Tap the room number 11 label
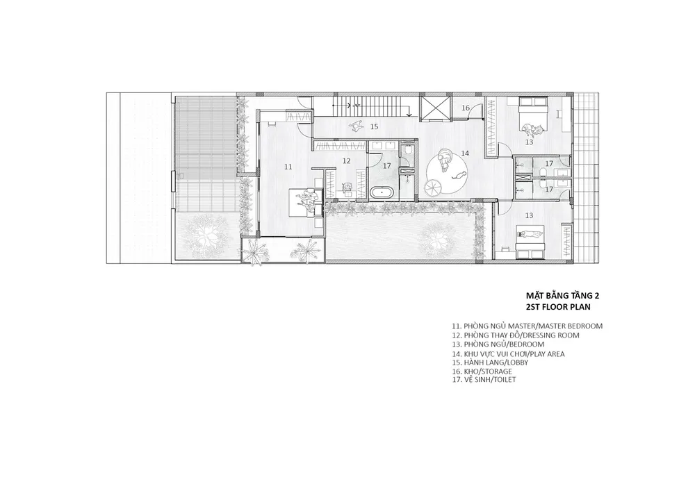point(288,167)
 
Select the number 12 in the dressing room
point(347,161)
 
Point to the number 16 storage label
point(466,108)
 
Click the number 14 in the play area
point(464,153)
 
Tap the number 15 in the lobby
point(374,126)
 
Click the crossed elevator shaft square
point(434,108)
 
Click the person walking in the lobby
point(357,127)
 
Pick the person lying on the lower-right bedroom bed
point(530,235)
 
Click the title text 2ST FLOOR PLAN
point(558,307)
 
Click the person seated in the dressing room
point(347,189)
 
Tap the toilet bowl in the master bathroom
point(408,151)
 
